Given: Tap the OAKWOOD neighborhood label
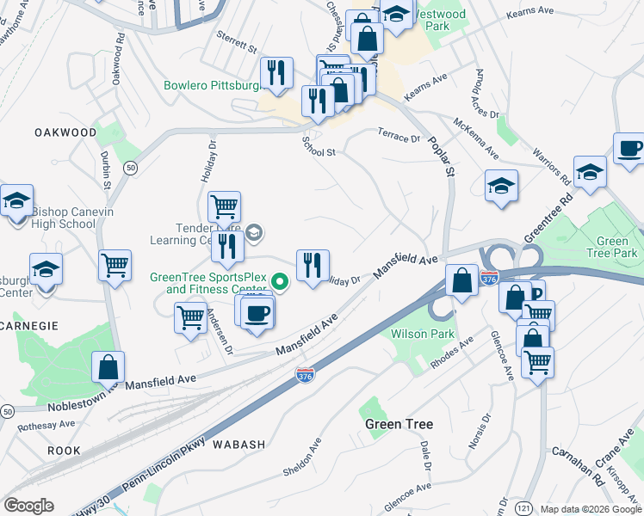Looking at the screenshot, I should pos(65,132).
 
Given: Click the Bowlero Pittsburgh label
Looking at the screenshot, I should pos(212,86).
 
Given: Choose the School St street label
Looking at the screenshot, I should pos(318,151).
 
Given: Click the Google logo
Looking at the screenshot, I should pos(28,506).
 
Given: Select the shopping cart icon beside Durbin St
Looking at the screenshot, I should pos(115,265).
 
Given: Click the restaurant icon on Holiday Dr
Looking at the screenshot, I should pos(313,264).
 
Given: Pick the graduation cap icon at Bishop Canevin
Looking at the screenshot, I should pos(16,201).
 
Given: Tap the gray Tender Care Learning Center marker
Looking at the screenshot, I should pos(254,232).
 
